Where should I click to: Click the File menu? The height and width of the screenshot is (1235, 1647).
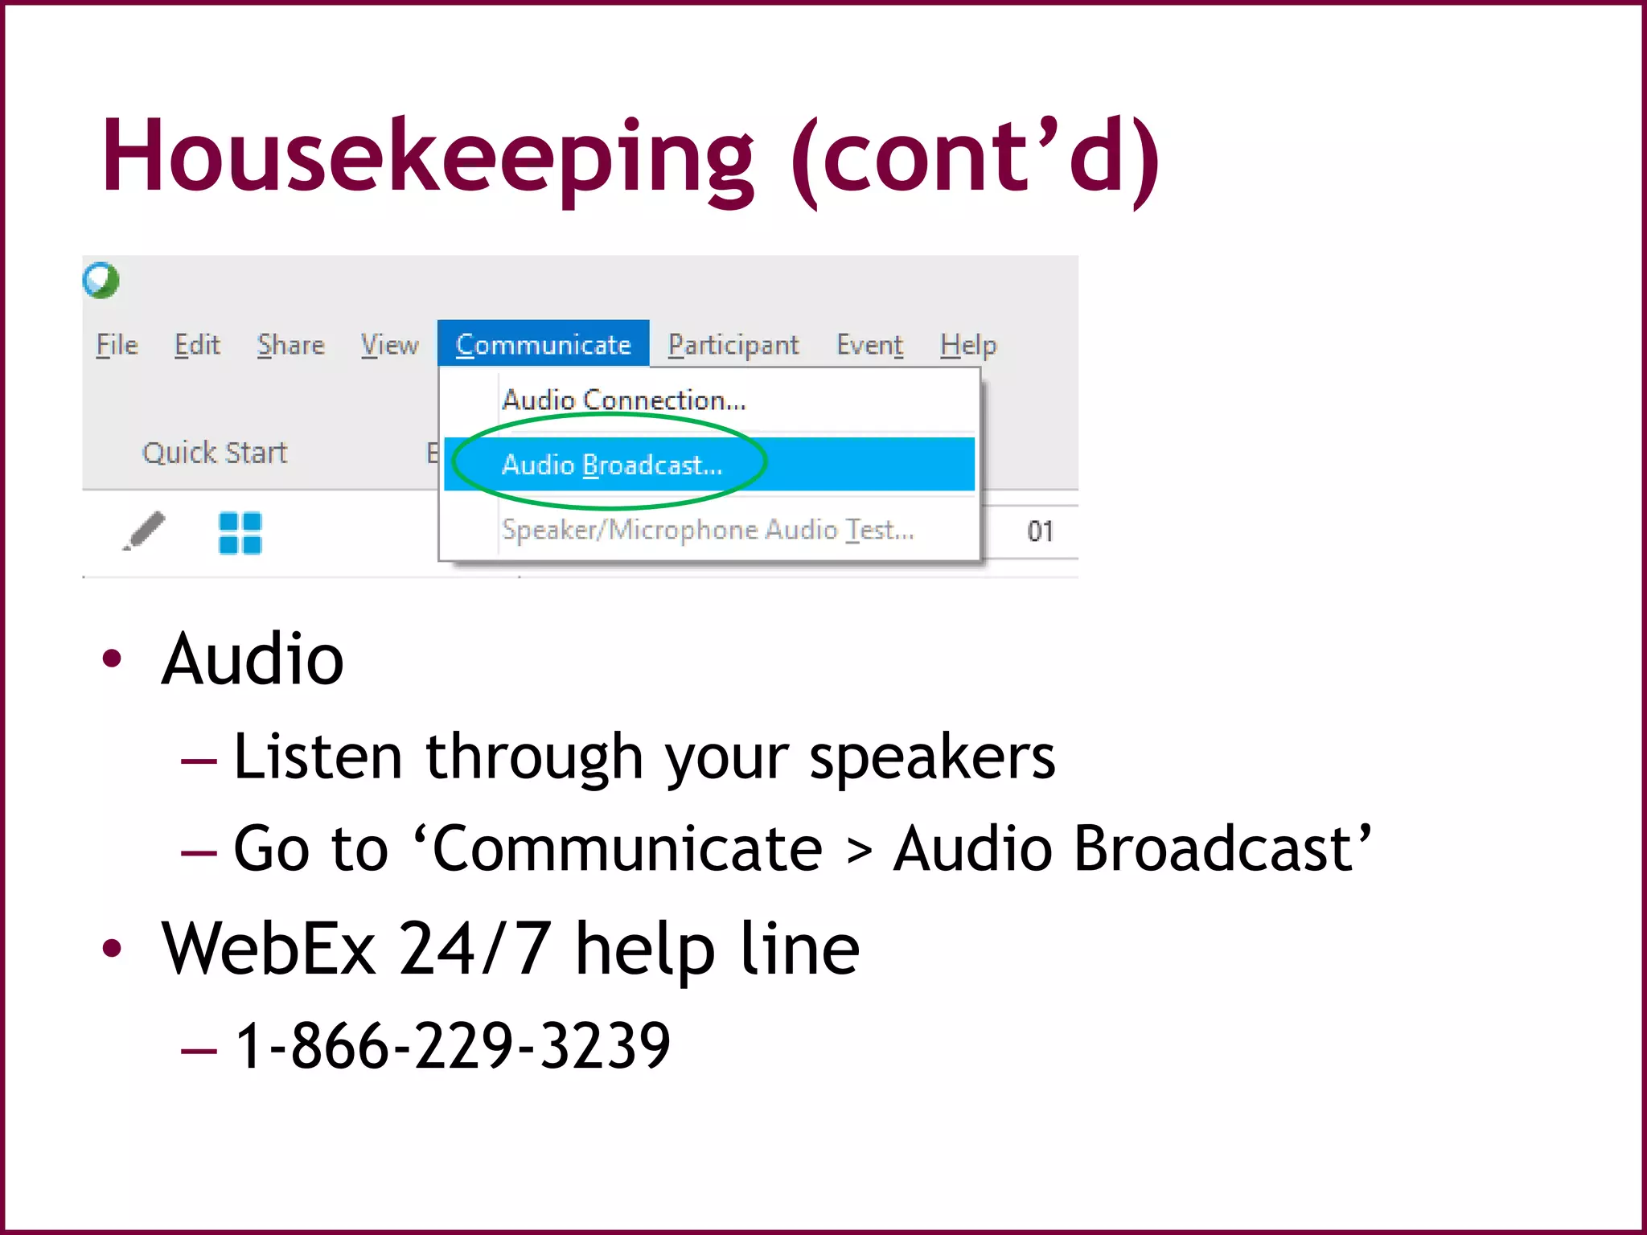point(117,345)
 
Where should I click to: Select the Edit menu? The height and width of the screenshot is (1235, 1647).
point(197,345)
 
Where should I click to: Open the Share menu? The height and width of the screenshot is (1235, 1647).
point(291,345)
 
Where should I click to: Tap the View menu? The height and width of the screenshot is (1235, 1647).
point(389,345)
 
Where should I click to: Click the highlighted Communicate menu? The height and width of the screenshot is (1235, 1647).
point(543,345)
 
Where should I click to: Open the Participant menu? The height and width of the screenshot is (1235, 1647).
point(733,345)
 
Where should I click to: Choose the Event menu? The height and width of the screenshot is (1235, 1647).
point(869,345)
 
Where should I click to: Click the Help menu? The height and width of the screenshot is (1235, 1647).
point(968,345)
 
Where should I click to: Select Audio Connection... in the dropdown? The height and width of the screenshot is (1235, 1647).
point(624,400)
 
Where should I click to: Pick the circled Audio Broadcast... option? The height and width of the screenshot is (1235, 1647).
point(612,465)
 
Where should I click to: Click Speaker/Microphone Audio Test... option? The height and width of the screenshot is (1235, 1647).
point(708,530)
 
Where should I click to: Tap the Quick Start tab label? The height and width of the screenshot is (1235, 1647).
point(215,453)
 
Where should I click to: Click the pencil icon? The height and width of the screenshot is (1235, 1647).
point(144,531)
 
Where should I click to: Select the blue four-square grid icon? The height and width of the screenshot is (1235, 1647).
point(240,533)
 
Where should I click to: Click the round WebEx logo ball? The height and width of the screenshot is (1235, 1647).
point(101,281)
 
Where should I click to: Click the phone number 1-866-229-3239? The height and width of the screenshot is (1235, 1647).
point(453,1045)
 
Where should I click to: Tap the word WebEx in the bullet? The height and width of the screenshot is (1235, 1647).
point(269,949)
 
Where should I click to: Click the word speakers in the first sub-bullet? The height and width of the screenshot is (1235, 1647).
point(931,757)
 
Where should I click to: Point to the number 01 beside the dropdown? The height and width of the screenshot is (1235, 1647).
point(1040,531)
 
